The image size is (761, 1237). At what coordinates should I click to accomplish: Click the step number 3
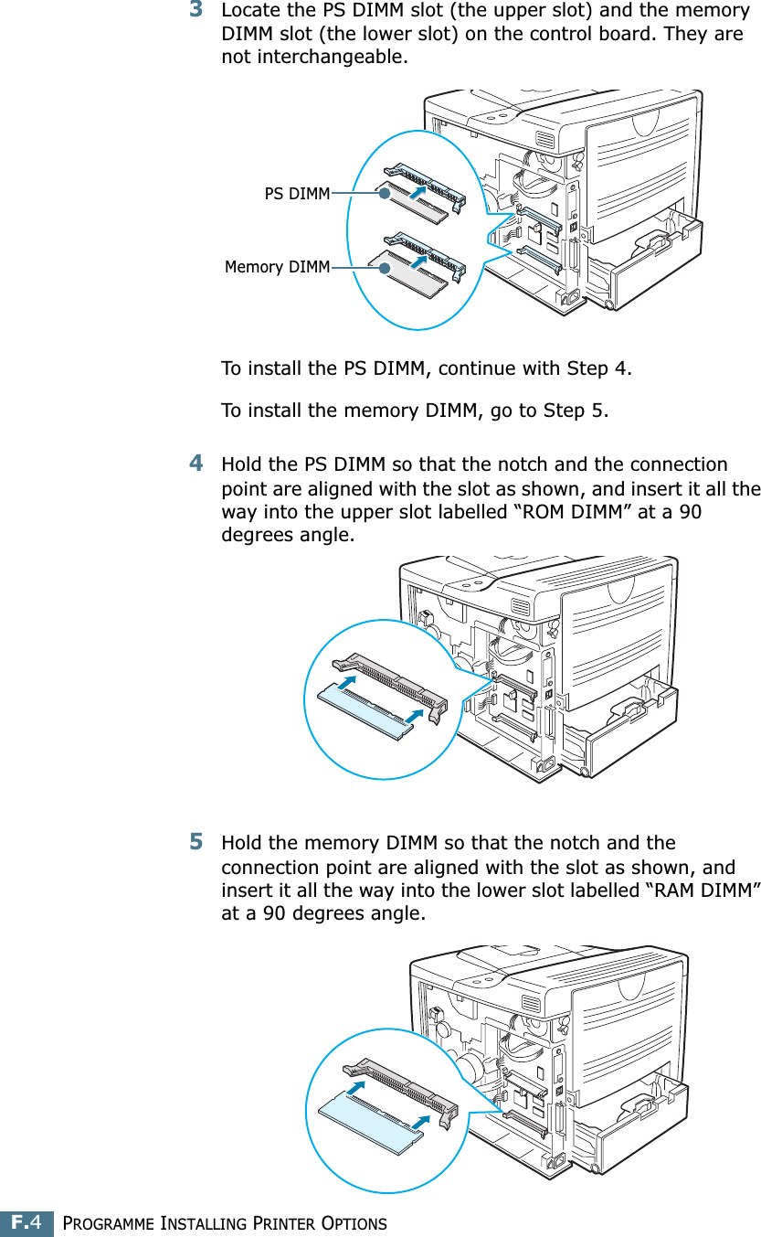(x=196, y=10)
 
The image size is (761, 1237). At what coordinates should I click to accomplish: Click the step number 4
(x=196, y=464)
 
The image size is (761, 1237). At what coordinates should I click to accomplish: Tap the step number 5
(x=196, y=840)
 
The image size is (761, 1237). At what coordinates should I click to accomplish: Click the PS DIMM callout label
(x=297, y=194)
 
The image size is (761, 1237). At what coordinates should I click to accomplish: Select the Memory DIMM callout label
(x=277, y=267)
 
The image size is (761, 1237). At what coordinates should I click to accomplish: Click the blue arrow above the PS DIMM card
(x=417, y=193)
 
